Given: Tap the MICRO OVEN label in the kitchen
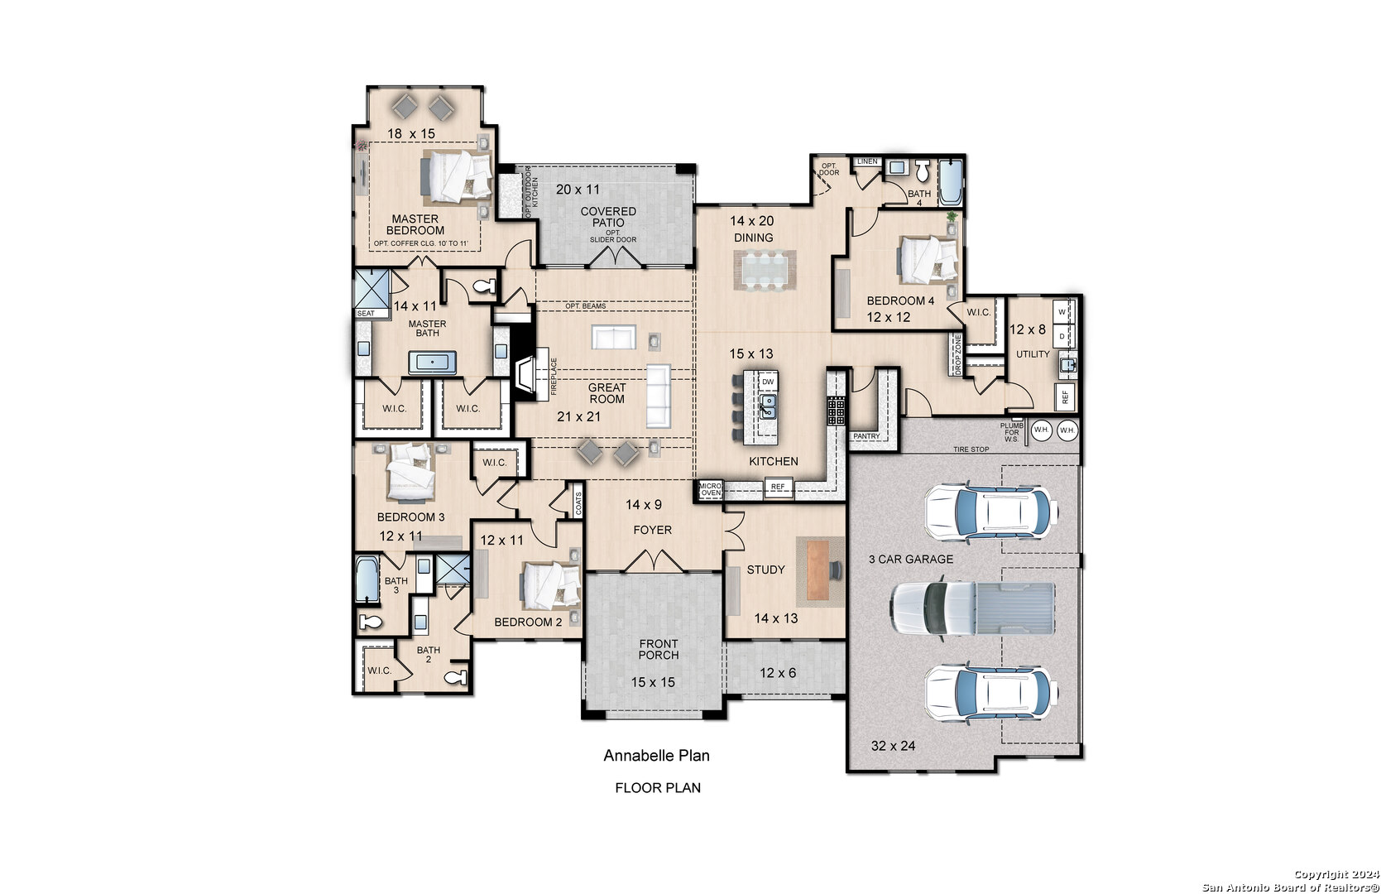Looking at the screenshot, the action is (710, 489).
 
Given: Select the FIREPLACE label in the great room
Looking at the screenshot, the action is (553, 377).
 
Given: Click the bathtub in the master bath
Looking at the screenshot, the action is (432, 363).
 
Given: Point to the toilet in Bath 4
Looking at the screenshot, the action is (923, 171).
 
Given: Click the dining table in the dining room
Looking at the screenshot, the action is (765, 270).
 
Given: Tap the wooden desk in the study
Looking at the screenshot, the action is (818, 570).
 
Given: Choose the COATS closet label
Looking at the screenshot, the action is (578, 503).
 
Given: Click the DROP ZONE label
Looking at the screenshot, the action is (957, 354).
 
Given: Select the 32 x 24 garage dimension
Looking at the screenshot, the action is (893, 746).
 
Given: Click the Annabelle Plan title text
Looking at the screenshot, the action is (656, 756).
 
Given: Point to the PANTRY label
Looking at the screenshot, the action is (866, 436).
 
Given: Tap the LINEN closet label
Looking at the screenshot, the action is (867, 161).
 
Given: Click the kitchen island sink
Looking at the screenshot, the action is (768, 406).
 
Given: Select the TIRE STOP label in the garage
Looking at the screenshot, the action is (971, 449).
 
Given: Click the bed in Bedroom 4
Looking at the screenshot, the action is (928, 259).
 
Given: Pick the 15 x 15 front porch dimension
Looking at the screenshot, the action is (652, 682).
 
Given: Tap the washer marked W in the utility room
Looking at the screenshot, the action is (1062, 312).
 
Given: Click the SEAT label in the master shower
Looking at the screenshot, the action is (366, 314).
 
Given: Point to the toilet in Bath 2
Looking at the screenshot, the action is (456, 677).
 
